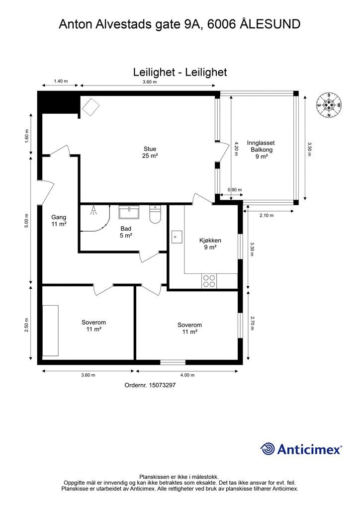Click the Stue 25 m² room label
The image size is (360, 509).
[150, 152]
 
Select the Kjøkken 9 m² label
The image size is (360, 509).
[210, 244]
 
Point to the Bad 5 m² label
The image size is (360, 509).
[126, 232]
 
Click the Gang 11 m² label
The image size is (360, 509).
[59, 220]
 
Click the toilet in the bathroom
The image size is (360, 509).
[155, 214]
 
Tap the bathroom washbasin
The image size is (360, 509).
[129, 212]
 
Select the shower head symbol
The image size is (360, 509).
[93, 210]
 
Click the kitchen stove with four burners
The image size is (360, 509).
[209, 281]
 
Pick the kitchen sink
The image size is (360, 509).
[177, 237]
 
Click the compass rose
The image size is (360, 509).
[329, 105]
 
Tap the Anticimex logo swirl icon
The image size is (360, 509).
[268, 449]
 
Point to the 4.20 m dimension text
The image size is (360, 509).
[236, 149]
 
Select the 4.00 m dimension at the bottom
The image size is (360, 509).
[187, 375]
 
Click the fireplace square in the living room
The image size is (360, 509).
[90, 107]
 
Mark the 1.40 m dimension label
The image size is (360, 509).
[61, 81]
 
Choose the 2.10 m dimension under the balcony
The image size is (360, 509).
[267, 215]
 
